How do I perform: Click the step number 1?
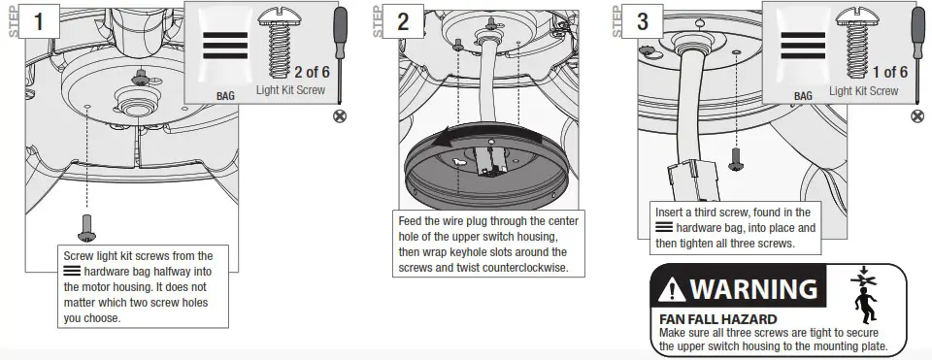tap(37, 21)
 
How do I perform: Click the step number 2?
tap(401, 21)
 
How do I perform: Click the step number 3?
tap(643, 21)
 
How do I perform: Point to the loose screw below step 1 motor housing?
tap(85, 228)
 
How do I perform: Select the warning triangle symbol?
tap(674, 289)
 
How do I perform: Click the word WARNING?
tap(752, 289)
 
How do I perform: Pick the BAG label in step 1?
tap(225, 96)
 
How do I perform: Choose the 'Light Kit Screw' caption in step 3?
tap(863, 91)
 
